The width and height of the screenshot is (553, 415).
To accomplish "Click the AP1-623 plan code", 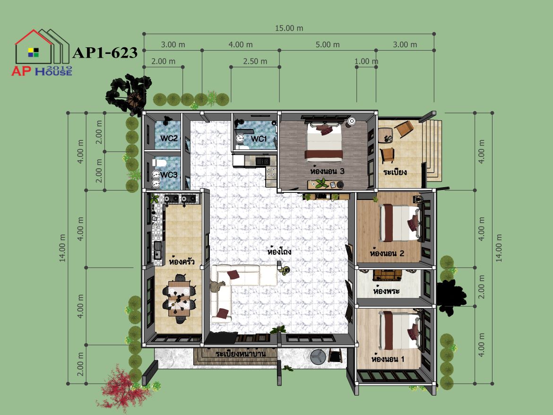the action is pyautogui.click(x=105, y=52).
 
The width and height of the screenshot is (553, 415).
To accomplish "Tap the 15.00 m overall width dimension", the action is pyautogui.click(x=289, y=28).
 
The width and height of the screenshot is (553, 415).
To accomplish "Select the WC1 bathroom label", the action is pyautogui.click(x=259, y=139).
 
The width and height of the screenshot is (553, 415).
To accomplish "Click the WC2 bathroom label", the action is pyautogui.click(x=169, y=138).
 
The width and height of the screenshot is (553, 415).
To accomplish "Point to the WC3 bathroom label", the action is pyautogui.click(x=169, y=175).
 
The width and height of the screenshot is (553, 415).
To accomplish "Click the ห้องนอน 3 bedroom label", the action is pyautogui.click(x=327, y=172).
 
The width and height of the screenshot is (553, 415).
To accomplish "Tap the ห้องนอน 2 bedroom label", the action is pyautogui.click(x=387, y=253).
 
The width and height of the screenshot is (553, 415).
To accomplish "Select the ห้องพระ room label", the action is pyautogui.click(x=386, y=291).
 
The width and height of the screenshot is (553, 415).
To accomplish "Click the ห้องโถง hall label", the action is pyautogui.click(x=279, y=251).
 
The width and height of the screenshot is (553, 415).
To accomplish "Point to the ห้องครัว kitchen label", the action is pyautogui.click(x=181, y=261).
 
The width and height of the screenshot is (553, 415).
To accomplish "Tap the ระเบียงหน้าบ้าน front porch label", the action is pyautogui.click(x=241, y=353).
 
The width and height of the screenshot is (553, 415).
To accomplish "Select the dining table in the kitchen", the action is pyautogui.click(x=179, y=298).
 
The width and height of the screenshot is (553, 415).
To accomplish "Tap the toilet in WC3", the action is pyautogui.click(x=159, y=163).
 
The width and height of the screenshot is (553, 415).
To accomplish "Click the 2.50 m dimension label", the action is pyautogui.click(x=255, y=61).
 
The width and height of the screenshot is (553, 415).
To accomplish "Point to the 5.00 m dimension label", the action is pyautogui.click(x=328, y=45).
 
